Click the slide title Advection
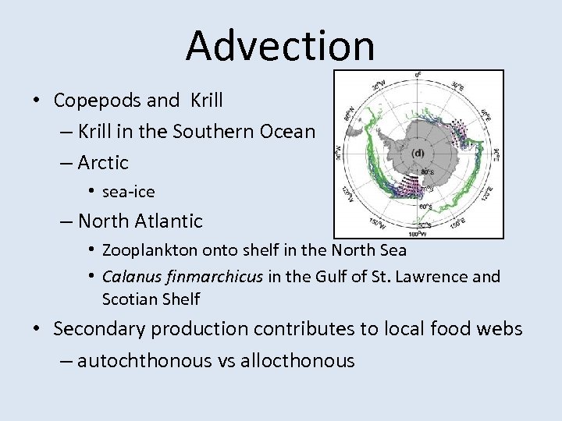point(280,44)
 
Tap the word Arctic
point(103,163)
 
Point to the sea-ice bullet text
point(128,192)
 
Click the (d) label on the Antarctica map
point(418,152)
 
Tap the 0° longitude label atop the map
point(418,76)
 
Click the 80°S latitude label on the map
point(428,173)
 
